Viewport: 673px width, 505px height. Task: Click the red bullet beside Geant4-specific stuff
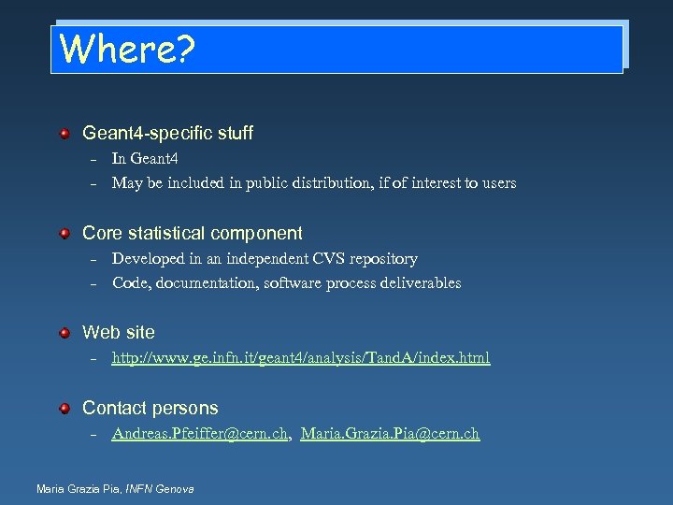(x=64, y=134)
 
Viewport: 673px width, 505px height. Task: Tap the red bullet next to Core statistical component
(x=64, y=233)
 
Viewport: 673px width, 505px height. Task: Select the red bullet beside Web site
(x=64, y=332)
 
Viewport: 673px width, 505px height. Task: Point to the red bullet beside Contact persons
(x=64, y=408)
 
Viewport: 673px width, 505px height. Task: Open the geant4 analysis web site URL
(x=300, y=358)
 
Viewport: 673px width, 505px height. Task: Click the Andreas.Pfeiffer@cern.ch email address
(x=199, y=434)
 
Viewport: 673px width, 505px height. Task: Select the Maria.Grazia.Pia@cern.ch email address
(x=391, y=434)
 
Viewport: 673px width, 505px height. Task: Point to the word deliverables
(x=419, y=283)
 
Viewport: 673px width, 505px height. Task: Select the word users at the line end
(x=497, y=183)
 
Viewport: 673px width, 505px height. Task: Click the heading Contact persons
(x=150, y=408)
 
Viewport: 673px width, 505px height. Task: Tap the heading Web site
(x=119, y=332)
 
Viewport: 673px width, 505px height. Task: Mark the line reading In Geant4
(x=145, y=159)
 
